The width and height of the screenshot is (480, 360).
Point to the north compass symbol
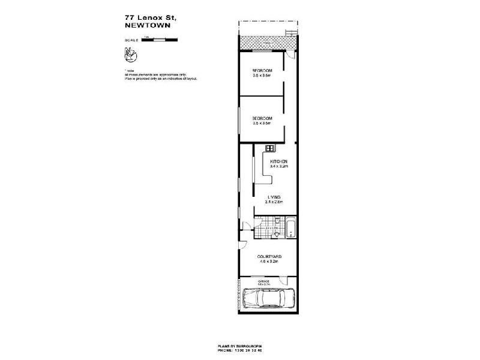(x=130, y=55)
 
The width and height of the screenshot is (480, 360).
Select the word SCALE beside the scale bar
(x=131, y=40)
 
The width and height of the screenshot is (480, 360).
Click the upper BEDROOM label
(x=262, y=71)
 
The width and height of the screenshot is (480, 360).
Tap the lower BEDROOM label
(x=262, y=118)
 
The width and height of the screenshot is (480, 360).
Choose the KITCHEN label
(x=280, y=163)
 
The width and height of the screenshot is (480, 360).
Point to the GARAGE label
(x=265, y=281)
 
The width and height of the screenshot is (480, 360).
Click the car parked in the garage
(x=268, y=298)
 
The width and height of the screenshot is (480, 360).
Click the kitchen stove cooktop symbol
(x=270, y=148)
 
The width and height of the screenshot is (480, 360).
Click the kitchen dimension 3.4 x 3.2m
(x=280, y=167)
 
